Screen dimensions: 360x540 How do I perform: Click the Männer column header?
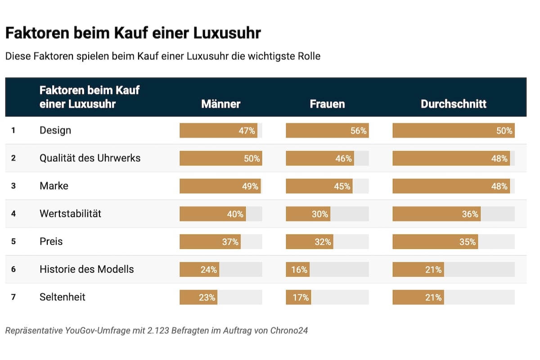220,104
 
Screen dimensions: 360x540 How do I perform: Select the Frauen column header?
327,104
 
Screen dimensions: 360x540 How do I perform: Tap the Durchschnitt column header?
453,104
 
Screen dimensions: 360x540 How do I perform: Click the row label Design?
55,130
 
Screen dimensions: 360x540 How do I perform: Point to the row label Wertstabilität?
70,214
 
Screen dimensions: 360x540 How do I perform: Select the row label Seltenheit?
62,297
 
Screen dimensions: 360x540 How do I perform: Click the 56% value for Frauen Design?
358,131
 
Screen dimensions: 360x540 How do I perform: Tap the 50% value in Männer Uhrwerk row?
252,158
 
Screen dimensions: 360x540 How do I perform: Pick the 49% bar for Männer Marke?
220,186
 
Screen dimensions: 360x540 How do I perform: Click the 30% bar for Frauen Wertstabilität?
308,214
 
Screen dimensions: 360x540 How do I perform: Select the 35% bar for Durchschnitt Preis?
435,242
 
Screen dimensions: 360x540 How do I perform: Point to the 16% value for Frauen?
299,270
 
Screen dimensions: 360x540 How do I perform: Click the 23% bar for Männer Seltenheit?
198,297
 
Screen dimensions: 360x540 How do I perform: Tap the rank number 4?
13,214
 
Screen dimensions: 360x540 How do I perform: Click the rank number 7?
13,297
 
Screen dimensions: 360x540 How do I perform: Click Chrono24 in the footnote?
289,331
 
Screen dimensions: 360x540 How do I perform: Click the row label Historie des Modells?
86,269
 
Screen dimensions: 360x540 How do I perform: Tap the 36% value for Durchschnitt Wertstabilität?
470,214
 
